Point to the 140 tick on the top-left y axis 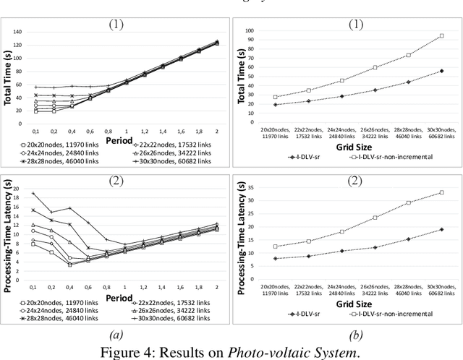tap(17, 33)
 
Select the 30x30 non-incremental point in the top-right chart tap(441, 35)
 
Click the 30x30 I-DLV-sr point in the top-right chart tap(441, 71)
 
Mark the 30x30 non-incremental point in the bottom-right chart tap(441, 192)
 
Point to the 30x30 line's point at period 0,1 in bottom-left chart tap(33, 193)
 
